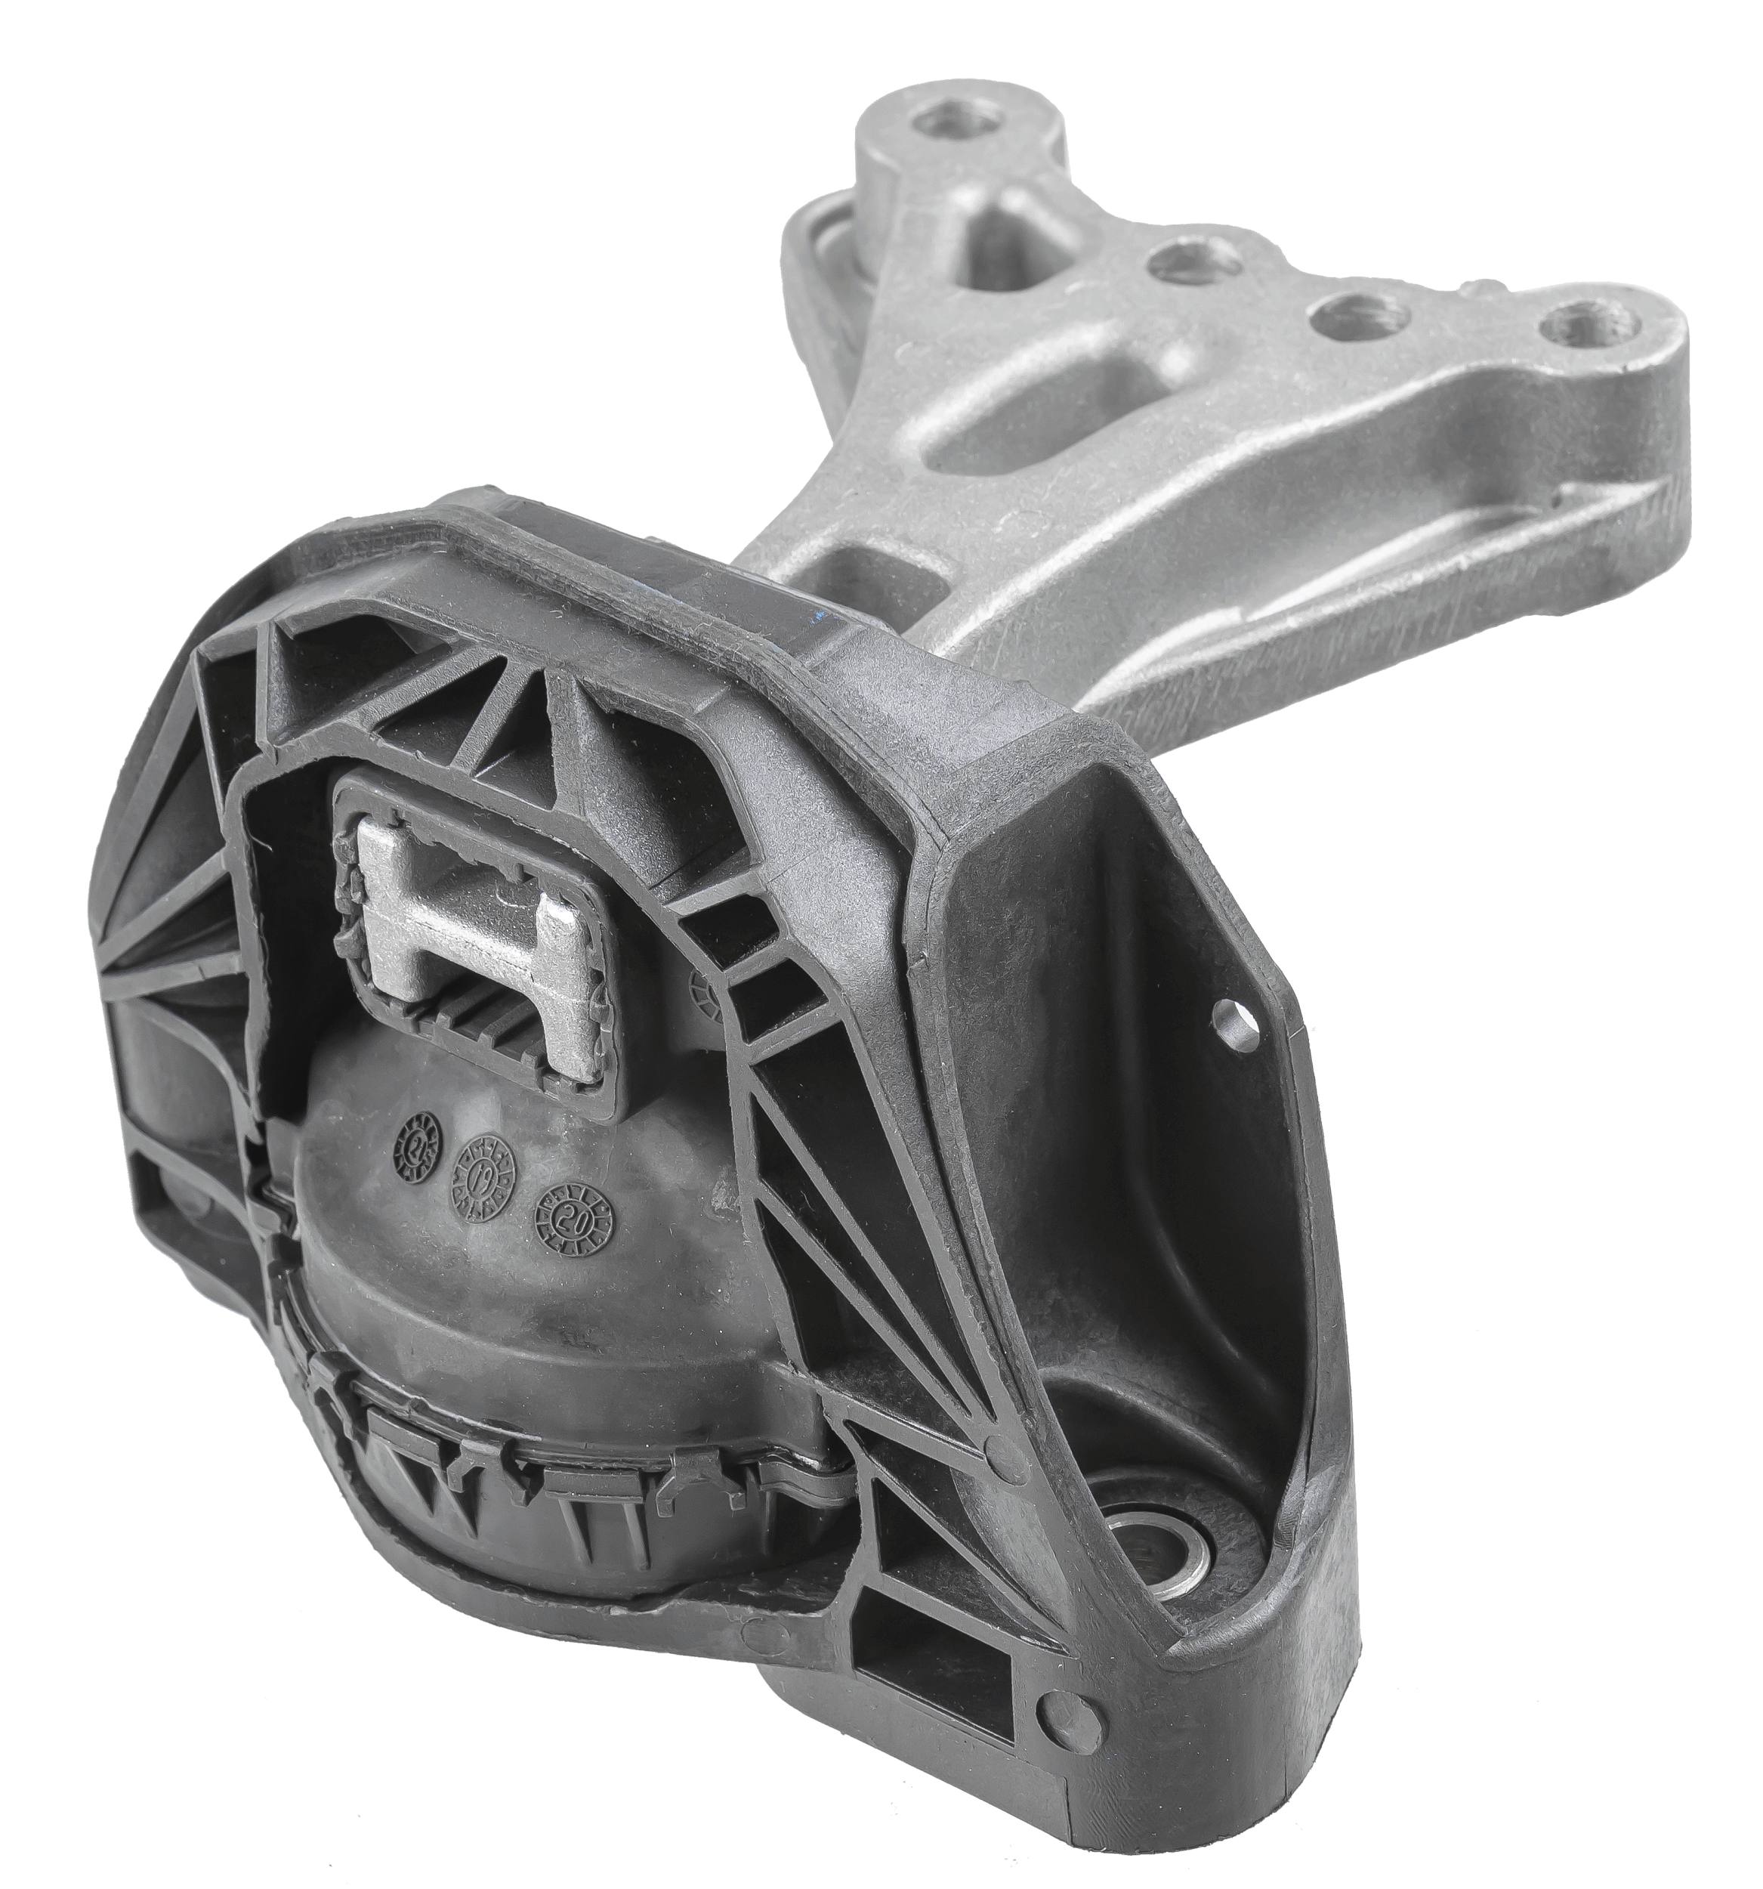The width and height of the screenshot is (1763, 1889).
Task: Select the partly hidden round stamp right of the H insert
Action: [x=705, y=995]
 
